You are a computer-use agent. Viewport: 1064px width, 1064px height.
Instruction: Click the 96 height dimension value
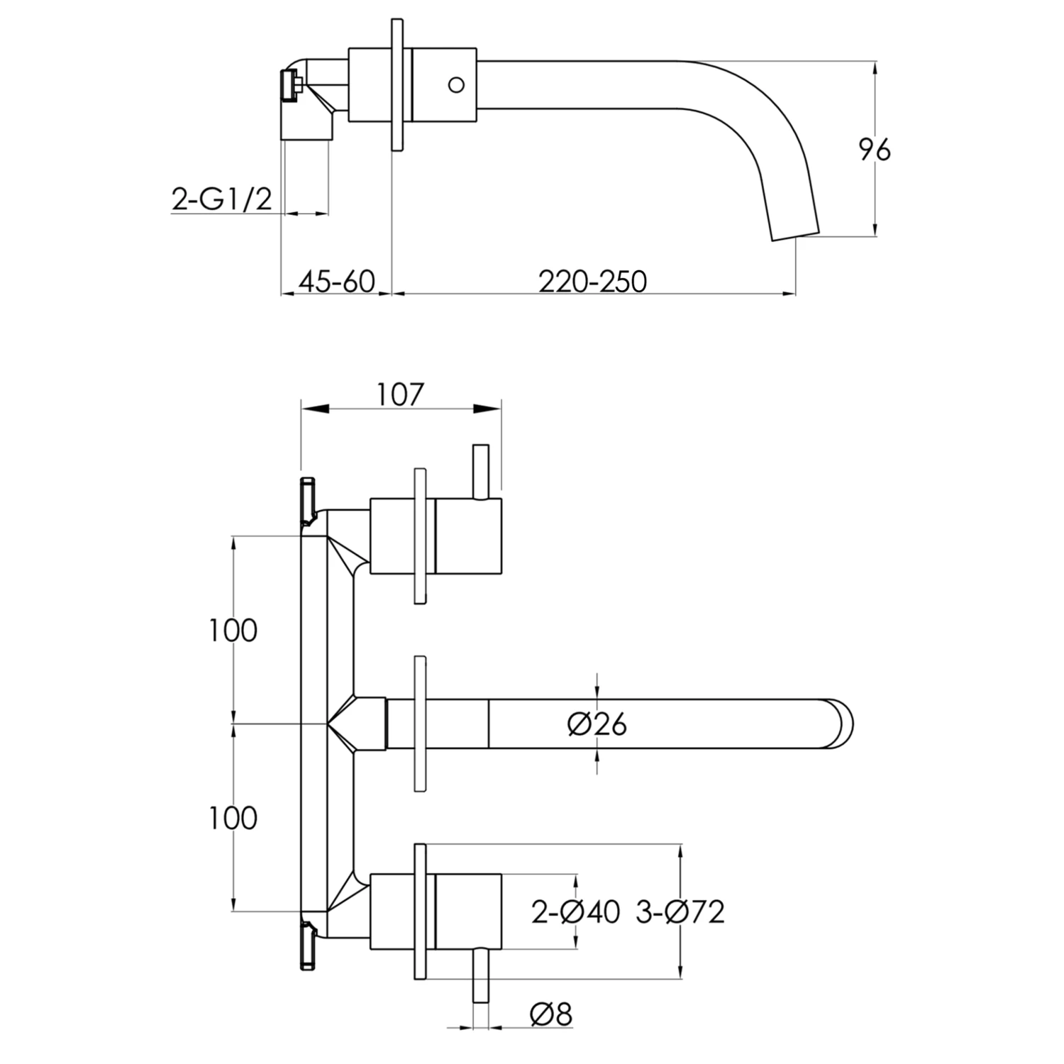pos(874,150)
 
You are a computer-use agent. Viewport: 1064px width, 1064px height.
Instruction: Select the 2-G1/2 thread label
pos(221,199)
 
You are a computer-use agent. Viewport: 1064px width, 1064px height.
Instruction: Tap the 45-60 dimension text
pos(336,282)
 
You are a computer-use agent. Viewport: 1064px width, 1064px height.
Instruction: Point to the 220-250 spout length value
pos(592,282)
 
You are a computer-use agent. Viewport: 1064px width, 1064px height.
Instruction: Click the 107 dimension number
pos(399,394)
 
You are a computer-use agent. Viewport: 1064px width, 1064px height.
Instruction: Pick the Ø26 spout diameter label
pos(597,724)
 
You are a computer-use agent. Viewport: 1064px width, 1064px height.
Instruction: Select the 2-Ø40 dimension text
pos(576,911)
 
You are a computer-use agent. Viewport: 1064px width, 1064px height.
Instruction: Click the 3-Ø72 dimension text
pos(680,911)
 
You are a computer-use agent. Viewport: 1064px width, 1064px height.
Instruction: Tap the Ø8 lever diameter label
pos(551,1014)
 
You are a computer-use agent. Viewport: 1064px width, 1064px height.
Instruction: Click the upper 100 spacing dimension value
pos(233,630)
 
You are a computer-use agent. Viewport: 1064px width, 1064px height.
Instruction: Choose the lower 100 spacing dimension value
pos(233,818)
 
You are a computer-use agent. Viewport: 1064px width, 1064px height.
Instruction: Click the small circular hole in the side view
pos(456,85)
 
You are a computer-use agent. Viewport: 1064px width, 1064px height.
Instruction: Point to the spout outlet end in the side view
pos(794,235)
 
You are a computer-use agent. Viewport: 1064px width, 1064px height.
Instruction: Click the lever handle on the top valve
pos(480,471)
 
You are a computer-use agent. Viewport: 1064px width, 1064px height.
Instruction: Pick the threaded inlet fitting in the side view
pos(289,86)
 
